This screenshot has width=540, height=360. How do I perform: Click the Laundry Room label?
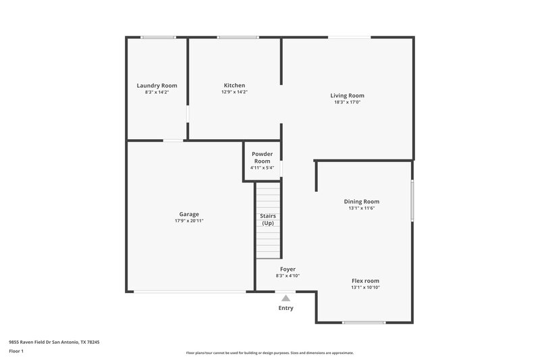click(x=157, y=86)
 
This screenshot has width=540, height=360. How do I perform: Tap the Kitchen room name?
click(x=234, y=86)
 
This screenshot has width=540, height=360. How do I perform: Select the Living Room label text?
click(x=347, y=96)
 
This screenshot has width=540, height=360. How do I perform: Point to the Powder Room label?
click(x=262, y=157)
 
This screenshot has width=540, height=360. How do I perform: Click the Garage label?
click(x=189, y=214)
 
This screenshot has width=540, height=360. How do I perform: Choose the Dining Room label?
click(x=362, y=201)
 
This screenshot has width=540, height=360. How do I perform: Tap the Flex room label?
click(x=365, y=280)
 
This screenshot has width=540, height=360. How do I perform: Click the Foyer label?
click(x=288, y=269)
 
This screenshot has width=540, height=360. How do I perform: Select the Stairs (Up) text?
click(x=268, y=220)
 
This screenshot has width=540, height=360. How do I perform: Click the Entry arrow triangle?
click(x=286, y=298)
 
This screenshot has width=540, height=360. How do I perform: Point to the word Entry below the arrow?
click(x=286, y=309)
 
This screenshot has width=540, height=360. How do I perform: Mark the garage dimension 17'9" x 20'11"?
click(x=189, y=221)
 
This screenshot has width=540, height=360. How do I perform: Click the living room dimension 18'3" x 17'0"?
click(x=347, y=103)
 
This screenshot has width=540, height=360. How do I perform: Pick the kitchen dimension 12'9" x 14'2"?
click(x=234, y=93)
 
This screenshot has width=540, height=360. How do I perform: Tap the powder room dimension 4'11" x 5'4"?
click(x=262, y=168)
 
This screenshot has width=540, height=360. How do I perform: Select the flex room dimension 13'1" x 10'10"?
click(x=365, y=288)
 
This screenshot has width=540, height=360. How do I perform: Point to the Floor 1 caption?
click(x=16, y=351)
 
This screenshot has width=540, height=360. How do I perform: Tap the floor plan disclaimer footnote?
click(x=269, y=353)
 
